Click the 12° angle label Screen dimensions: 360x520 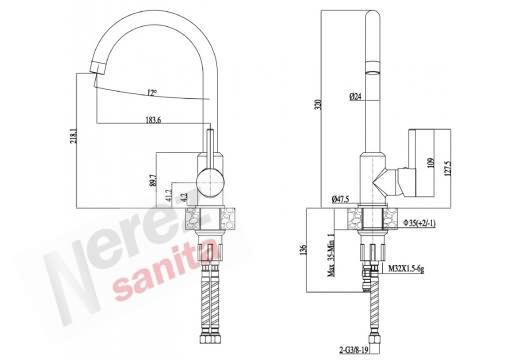(x=150, y=93)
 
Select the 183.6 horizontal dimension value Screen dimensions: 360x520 (x=152, y=121)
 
